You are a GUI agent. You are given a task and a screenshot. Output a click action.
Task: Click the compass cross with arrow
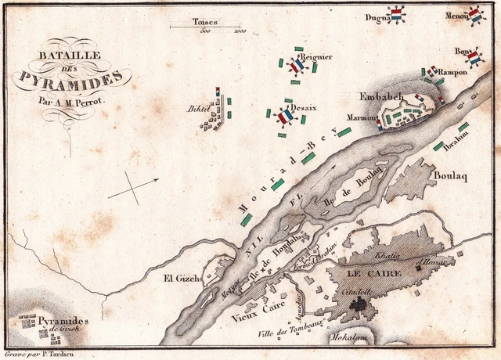(x=132, y=188)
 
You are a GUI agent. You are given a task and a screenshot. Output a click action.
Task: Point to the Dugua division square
(x=396, y=16)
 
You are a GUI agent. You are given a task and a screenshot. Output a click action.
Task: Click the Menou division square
(x=475, y=15)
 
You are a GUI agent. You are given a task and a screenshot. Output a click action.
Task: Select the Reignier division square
(x=297, y=67)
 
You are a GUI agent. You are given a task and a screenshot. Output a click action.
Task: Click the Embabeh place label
(x=380, y=97)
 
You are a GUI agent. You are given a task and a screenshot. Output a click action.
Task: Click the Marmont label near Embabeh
(x=362, y=117)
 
